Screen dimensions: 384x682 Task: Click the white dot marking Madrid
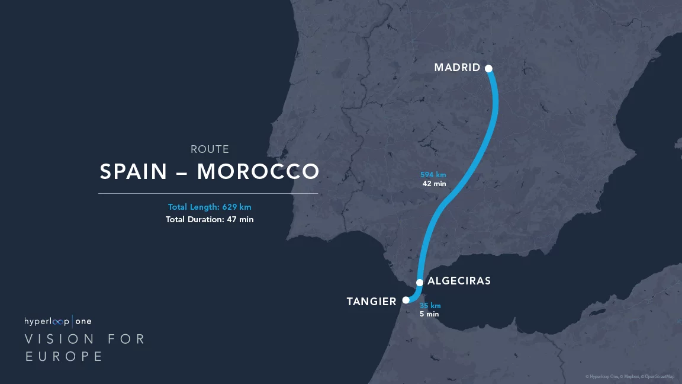pyautogui.click(x=489, y=68)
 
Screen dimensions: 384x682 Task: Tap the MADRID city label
pyautogui.click(x=457, y=68)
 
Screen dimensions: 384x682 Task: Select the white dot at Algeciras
pyautogui.click(x=420, y=282)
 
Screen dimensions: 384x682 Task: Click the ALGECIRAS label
pyautogui.click(x=459, y=281)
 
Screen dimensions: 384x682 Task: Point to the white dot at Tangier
pyautogui.click(x=406, y=300)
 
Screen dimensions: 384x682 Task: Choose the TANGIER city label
pyautogui.click(x=371, y=302)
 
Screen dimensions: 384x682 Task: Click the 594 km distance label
pyautogui.click(x=433, y=175)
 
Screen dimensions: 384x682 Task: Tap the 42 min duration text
pyautogui.click(x=434, y=184)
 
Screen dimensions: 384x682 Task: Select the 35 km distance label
pyautogui.click(x=430, y=306)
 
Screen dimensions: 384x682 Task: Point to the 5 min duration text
pyautogui.click(x=429, y=314)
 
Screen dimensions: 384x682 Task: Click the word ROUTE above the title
pyautogui.click(x=210, y=149)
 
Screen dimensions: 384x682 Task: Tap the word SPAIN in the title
pyautogui.click(x=134, y=172)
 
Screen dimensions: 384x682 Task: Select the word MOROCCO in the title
pyautogui.click(x=258, y=172)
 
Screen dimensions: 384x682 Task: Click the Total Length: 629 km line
pyautogui.click(x=210, y=207)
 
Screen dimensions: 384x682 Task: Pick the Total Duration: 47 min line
pyautogui.click(x=210, y=219)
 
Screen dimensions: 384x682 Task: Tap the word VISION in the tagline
pyautogui.click(x=59, y=339)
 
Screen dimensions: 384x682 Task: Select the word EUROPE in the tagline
pyautogui.click(x=64, y=356)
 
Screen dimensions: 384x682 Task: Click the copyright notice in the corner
pyautogui.click(x=630, y=376)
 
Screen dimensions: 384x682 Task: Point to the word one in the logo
pyautogui.click(x=83, y=321)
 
